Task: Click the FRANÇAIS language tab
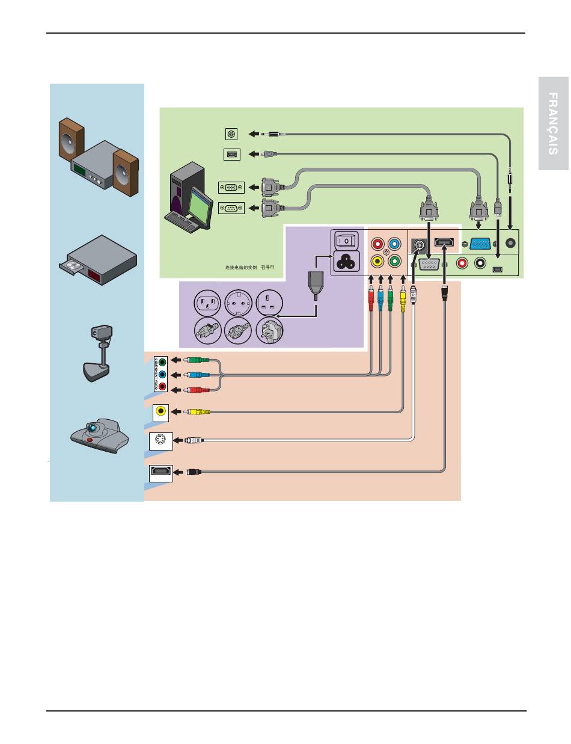554,124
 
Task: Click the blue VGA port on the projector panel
479,245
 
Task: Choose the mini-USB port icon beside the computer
231,155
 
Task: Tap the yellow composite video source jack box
160,411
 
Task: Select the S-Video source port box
160,441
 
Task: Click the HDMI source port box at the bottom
160,473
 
